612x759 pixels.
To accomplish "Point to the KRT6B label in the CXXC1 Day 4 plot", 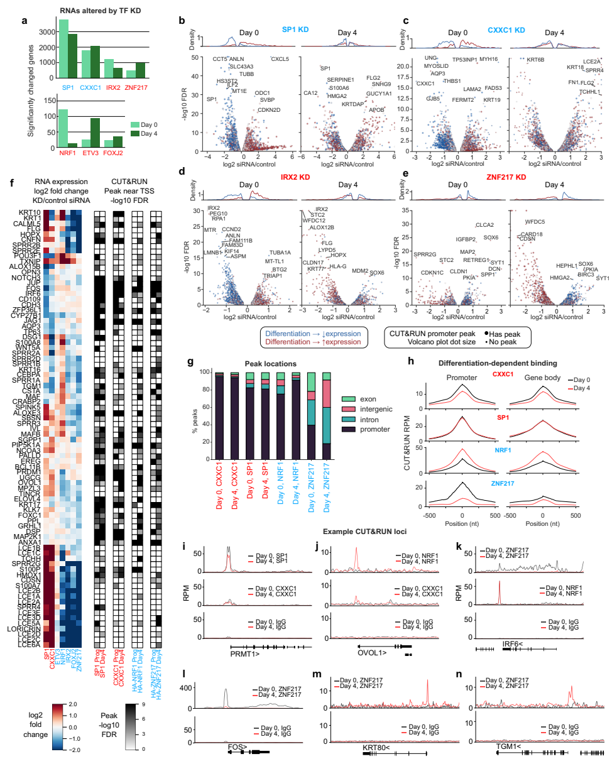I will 535,60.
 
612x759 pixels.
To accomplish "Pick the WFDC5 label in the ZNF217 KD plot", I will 535,222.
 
